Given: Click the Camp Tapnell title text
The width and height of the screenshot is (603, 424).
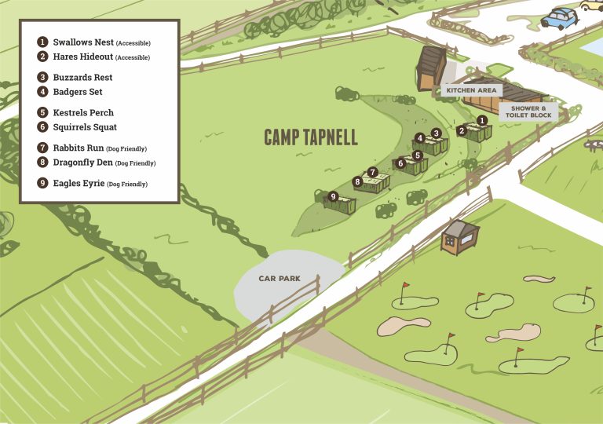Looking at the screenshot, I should point(310,138).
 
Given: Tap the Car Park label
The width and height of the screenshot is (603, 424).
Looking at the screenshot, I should point(280,279).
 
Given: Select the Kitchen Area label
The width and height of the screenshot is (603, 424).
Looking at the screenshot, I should point(471,90).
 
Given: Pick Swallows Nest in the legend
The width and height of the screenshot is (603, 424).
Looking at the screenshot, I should point(82,42).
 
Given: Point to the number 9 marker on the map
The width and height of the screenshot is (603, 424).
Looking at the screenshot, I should point(333,196).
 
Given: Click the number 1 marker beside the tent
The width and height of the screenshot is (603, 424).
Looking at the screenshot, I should point(483,120).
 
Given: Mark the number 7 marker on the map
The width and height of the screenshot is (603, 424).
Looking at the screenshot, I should point(373,172).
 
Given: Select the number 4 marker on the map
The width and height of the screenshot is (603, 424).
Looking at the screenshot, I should point(420,138).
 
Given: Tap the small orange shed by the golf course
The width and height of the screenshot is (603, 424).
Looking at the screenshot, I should point(459,236).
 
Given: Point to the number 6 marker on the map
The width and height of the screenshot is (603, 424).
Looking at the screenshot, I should point(400,163).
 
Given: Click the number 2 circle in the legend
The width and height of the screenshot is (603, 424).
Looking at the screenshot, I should point(42,57).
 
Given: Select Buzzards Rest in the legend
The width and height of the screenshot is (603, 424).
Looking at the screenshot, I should point(82,78).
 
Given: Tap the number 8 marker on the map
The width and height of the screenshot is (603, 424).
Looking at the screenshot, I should point(357,182).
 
